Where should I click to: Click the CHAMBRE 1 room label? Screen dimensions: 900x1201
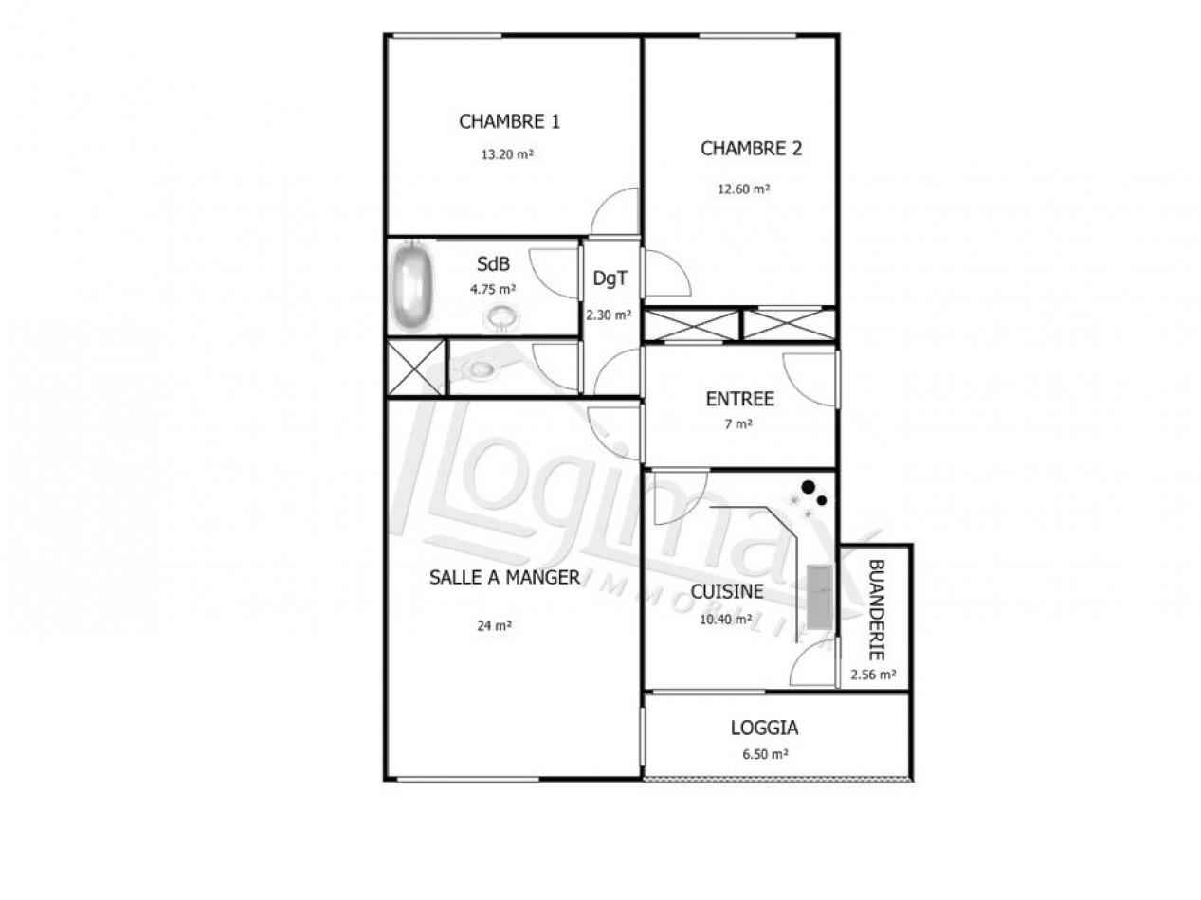coord(509,121)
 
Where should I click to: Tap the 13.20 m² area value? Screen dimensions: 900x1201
coord(506,154)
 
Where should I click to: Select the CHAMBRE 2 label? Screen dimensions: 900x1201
coord(751,149)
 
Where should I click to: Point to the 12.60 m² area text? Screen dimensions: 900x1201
coord(743,189)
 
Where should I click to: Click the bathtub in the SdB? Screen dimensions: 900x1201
coord(412,287)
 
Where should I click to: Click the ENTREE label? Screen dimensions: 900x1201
coord(739,399)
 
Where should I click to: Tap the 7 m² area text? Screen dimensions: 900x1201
coord(738,424)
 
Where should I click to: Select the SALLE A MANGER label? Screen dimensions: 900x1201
coord(504,578)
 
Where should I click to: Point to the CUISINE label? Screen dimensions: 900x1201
coord(727,592)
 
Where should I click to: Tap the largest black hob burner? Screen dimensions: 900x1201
coord(808,488)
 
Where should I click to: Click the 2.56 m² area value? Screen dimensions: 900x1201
coord(874,675)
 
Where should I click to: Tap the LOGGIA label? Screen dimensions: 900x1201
coord(764,729)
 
